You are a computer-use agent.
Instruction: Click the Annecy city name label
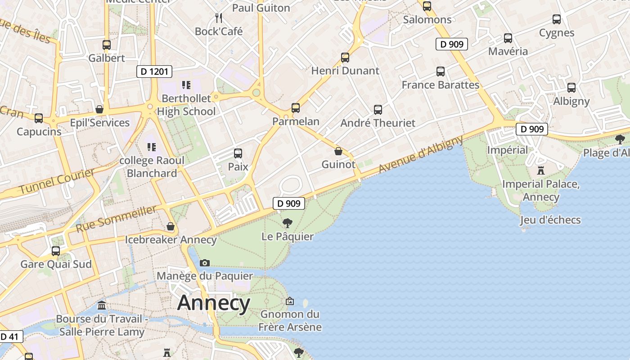[x=213, y=303]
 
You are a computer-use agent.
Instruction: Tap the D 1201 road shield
[x=154, y=72]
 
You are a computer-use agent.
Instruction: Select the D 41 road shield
[x=9, y=337]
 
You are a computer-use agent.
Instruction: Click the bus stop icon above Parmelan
[x=296, y=108]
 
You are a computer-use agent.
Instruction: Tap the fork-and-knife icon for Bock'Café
[x=219, y=18]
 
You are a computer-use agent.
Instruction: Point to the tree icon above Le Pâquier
[x=287, y=223]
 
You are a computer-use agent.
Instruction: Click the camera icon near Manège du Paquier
[x=204, y=263]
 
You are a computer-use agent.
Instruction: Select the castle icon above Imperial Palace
[x=540, y=171]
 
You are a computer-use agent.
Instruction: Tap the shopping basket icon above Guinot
[x=338, y=151]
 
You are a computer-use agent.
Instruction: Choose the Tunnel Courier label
[x=56, y=181]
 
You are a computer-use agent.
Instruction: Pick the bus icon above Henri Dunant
[x=345, y=58]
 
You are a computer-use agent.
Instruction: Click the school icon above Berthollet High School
[x=186, y=85]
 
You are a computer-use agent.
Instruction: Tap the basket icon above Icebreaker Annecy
[x=171, y=226]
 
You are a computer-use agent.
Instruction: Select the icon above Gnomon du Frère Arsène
[x=290, y=301]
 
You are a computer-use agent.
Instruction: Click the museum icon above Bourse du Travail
[x=102, y=306]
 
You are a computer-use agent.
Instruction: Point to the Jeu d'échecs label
[x=550, y=220]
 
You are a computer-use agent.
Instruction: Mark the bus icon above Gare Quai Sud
[x=56, y=251]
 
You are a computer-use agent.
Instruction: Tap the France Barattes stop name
[x=440, y=85]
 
